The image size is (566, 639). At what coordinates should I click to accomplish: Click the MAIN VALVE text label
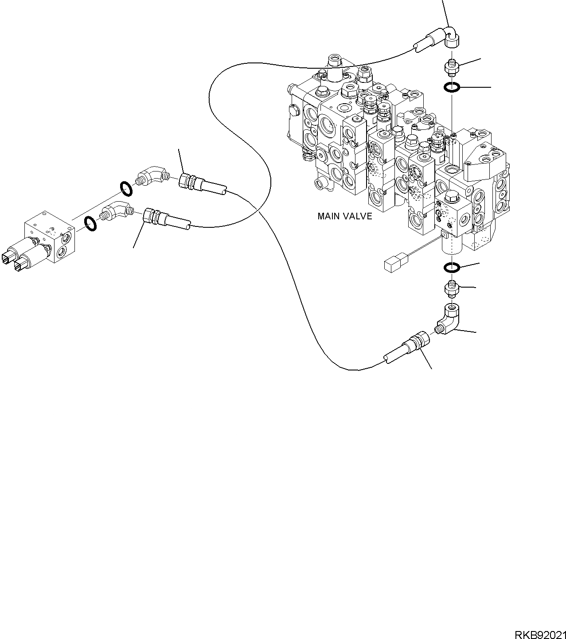coord(344,217)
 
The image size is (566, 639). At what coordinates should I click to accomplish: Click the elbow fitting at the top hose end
coord(452,36)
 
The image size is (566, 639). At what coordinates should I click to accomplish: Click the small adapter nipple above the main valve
coord(452,67)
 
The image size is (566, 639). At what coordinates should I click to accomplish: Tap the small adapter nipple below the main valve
coord(452,288)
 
